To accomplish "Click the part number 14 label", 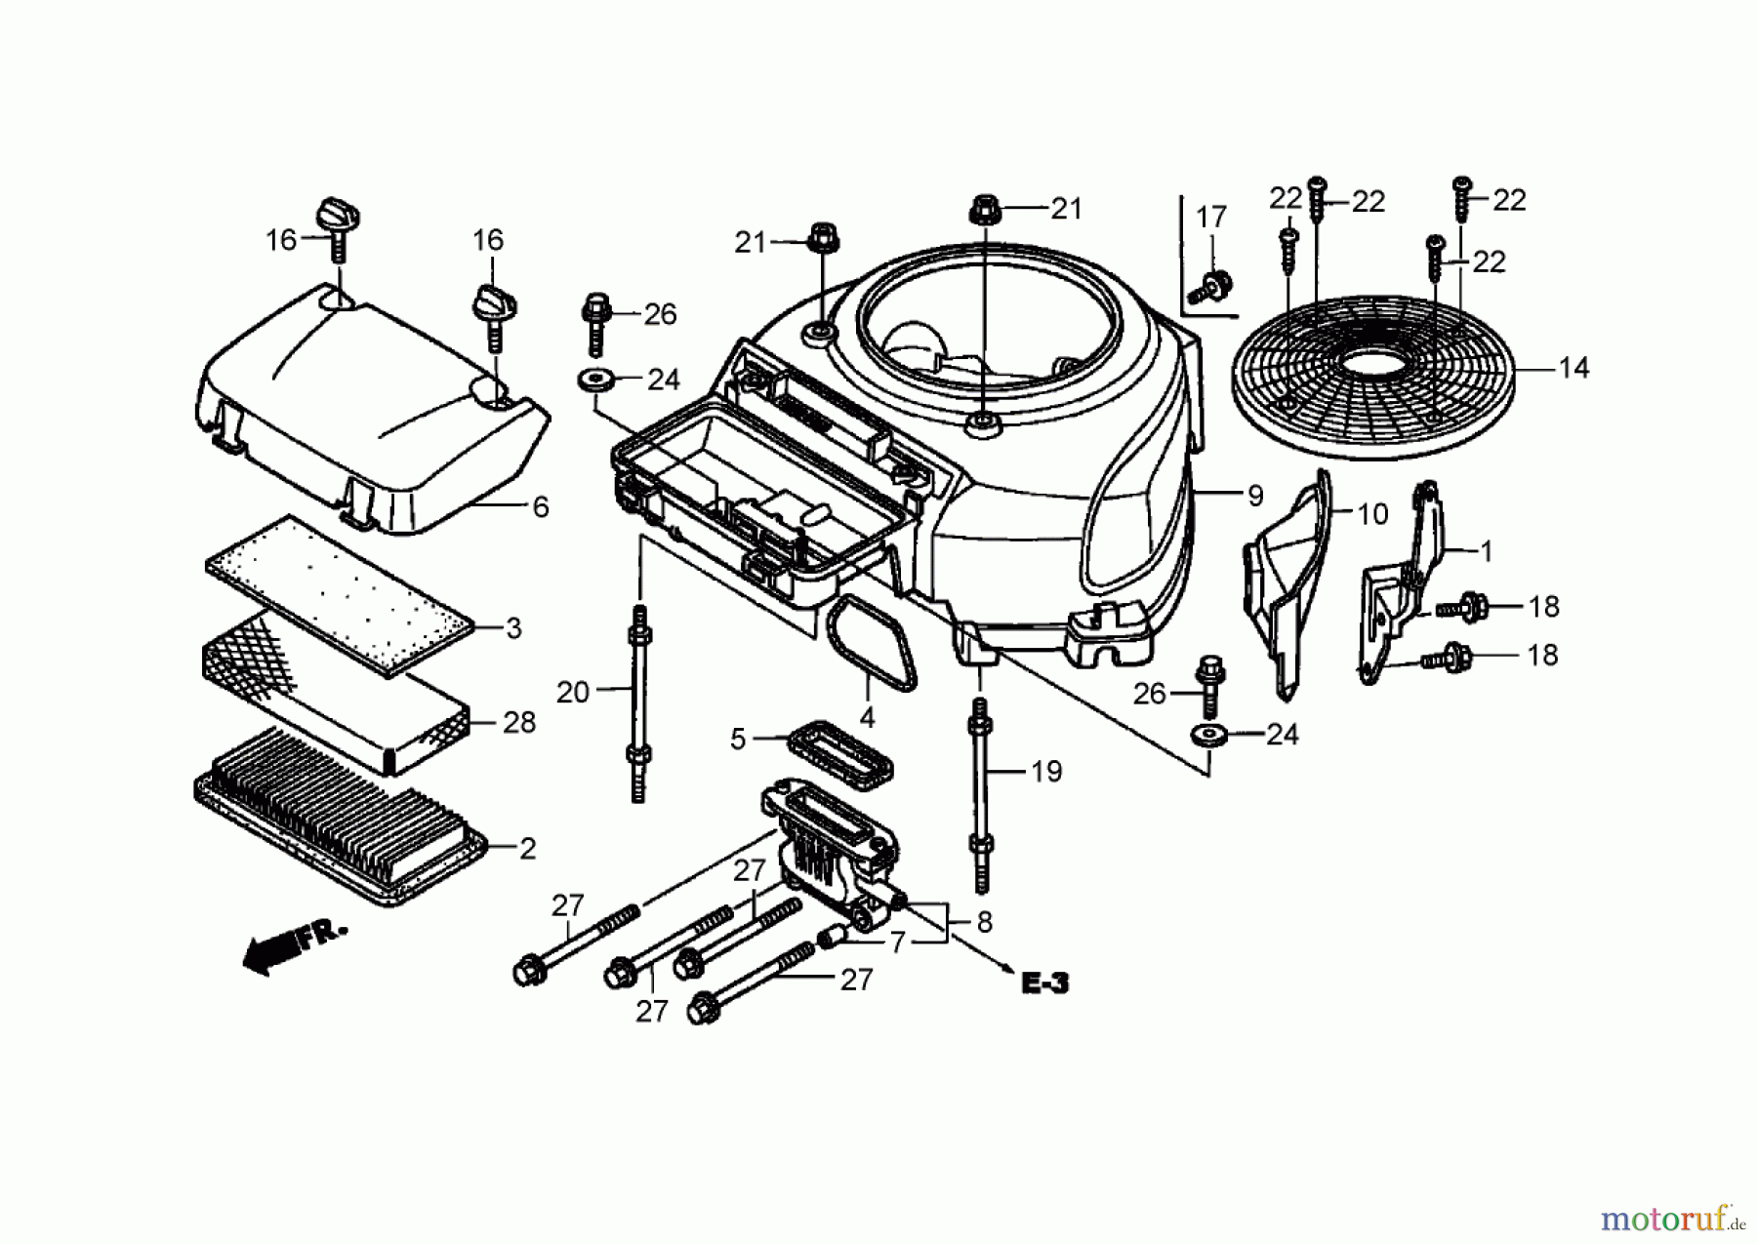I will (x=1573, y=369).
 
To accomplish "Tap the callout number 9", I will (x=1255, y=496).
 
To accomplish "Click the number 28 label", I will (x=519, y=723).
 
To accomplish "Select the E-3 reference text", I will (x=1044, y=983).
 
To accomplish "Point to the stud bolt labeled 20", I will (x=639, y=702).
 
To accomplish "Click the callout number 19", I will (x=1045, y=772).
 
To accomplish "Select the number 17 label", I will (x=1211, y=218).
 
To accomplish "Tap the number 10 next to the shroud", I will (x=1372, y=514).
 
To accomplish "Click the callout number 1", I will (x=1486, y=552).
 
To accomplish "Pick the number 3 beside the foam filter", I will (x=514, y=628).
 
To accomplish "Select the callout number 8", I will (x=984, y=922).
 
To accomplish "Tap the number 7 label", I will (x=897, y=943).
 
